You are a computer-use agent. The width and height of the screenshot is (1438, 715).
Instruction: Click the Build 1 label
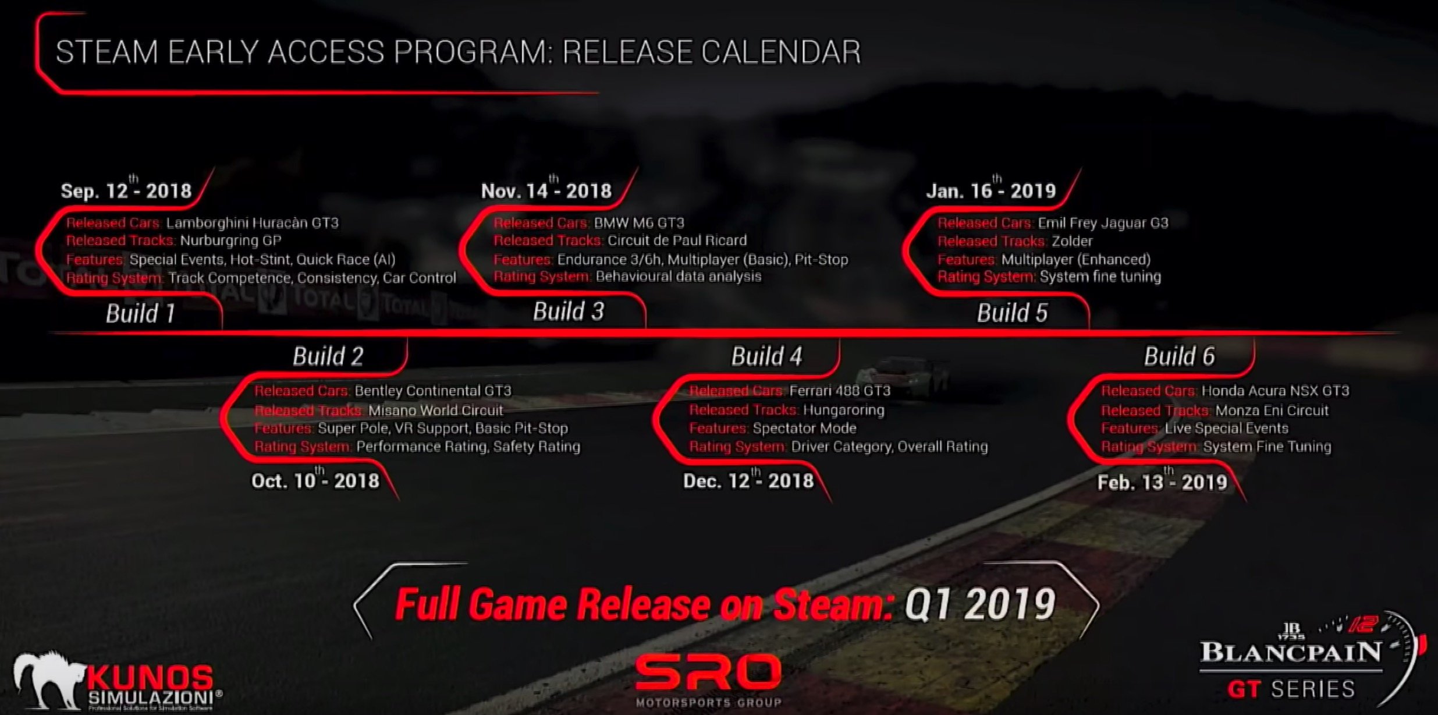[141, 313]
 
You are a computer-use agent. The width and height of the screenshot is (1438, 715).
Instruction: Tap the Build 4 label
[766, 356]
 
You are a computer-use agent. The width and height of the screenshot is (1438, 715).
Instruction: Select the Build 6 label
[1179, 356]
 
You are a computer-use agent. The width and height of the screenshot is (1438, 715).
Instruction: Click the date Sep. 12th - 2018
[126, 190]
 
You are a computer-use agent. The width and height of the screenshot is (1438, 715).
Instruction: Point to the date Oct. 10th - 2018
[315, 480]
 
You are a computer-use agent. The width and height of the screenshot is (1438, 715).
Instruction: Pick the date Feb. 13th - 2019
[1162, 482]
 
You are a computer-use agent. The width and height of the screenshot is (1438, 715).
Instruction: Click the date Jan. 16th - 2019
[990, 190]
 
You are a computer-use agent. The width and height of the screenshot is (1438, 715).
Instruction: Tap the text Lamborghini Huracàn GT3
[252, 223]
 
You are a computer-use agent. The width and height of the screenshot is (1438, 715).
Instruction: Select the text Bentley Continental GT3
[433, 391]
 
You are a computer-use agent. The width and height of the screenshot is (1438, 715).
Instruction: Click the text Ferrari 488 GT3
[840, 391]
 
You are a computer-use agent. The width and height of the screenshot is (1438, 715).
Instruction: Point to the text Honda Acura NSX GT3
[1275, 391]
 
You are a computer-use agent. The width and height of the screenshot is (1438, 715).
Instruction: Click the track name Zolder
[1072, 241]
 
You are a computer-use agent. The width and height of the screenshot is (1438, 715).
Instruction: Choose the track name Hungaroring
[843, 410]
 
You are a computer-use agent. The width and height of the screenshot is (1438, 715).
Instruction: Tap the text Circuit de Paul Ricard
[677, 240]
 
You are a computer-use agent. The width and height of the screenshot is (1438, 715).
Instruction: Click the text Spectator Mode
[804, 429]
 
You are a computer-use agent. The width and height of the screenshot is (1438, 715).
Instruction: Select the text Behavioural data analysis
[678, 277]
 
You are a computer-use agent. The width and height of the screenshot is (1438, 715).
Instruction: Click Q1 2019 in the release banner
[979, 604]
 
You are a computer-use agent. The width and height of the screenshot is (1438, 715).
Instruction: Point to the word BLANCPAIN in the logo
[1290, 652]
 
